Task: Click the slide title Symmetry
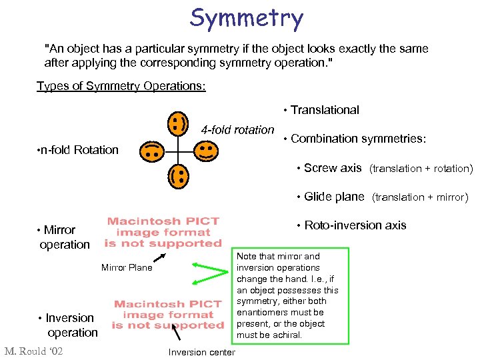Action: pos(246,18)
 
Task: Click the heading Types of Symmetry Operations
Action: pos(121,87)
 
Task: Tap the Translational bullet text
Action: pos(325,110)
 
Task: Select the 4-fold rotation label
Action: pos(237,130)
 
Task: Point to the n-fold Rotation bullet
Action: pos(77,150)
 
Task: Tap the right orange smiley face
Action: pos(205,150)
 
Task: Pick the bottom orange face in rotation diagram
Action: pos(178,177)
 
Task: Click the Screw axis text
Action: pos(333,168)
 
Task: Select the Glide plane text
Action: pos(334,197)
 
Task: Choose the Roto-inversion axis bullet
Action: pos(355,225)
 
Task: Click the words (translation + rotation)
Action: pos(421,169)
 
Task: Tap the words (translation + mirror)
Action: pos(421,197)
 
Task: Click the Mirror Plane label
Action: pos(127,268)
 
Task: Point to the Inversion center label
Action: pos(202,352)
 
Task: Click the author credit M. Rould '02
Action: pos(33,351)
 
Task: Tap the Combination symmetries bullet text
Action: pos(359,139)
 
